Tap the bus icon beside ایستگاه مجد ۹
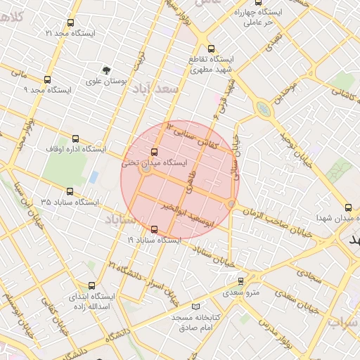click(47, 79)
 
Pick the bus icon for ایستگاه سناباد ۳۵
click(69, 191)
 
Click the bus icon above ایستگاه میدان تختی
click(155, 151)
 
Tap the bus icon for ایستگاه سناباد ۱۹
click(155, 229)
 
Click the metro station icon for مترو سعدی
click(241, 281)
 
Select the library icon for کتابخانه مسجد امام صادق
click(195, 307)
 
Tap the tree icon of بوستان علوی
click(105, 70)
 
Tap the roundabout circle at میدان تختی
click(146, 169)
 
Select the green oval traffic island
click(263, 108)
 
